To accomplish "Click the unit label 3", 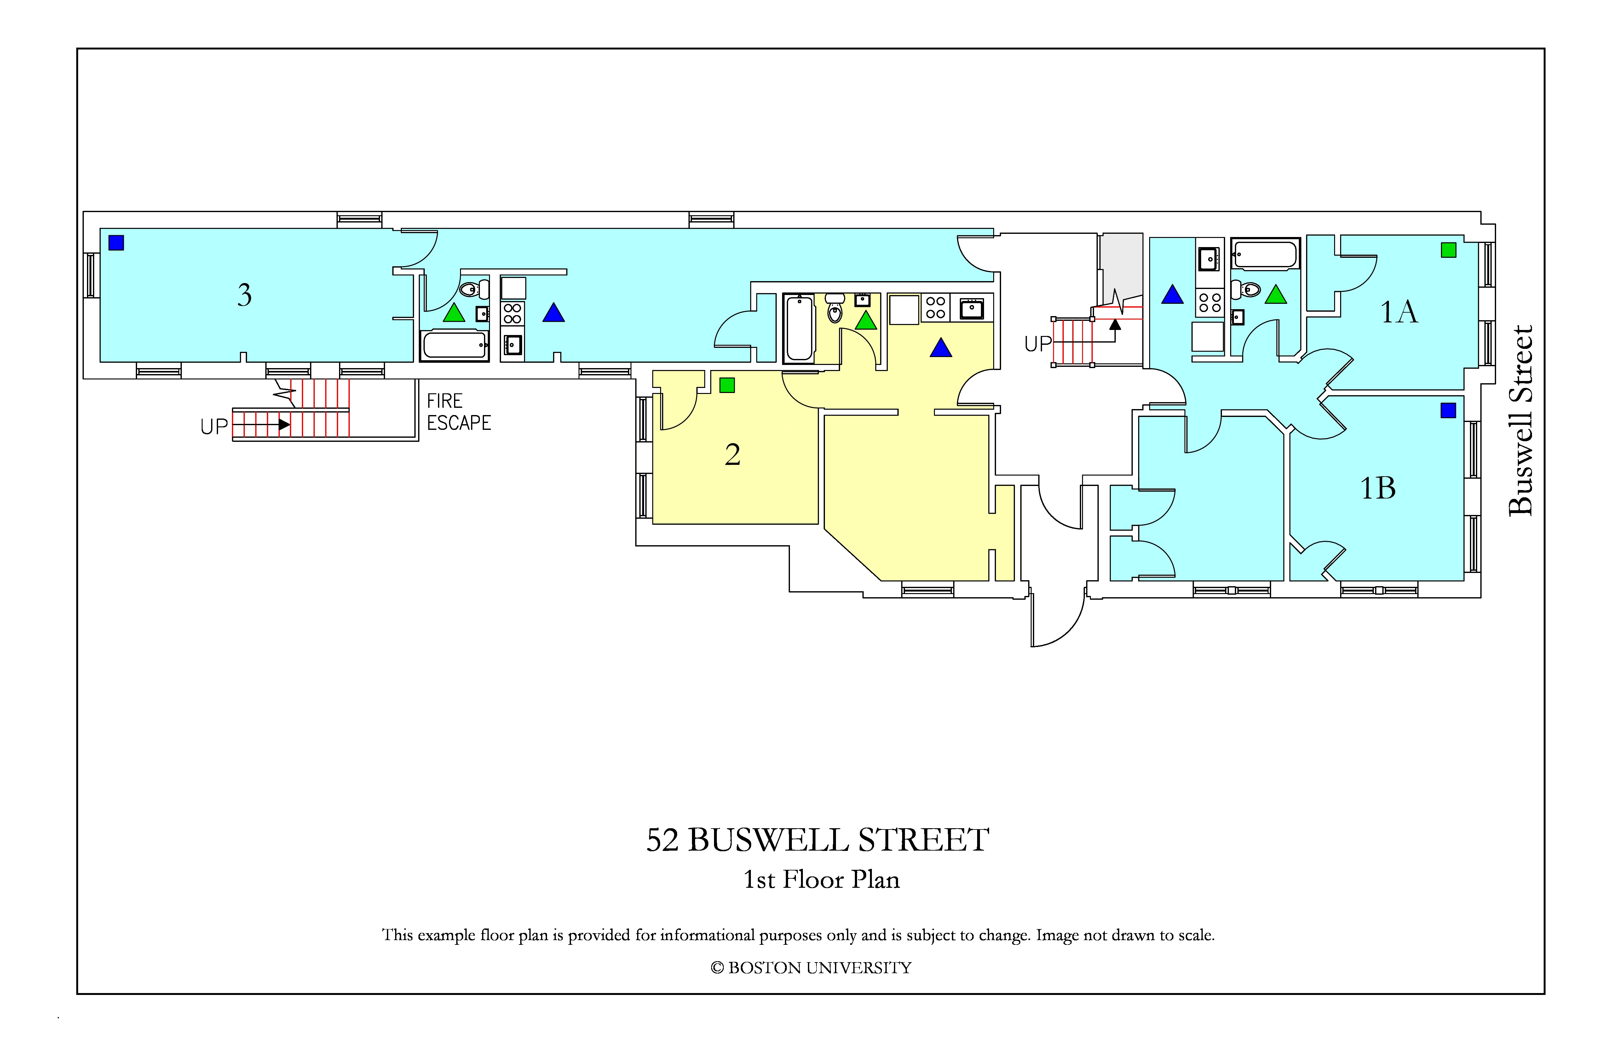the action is point(245,295).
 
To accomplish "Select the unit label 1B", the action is point(1377,488).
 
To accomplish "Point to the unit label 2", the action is point(733,454).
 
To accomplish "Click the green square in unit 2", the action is point(727,385).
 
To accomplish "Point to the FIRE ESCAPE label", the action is point(458,412).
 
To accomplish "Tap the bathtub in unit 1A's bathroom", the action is point(1265,255).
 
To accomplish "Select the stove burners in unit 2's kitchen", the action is point(935,307).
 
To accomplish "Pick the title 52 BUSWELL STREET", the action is point(818,840).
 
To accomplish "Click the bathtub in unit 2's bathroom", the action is point(799,328).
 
